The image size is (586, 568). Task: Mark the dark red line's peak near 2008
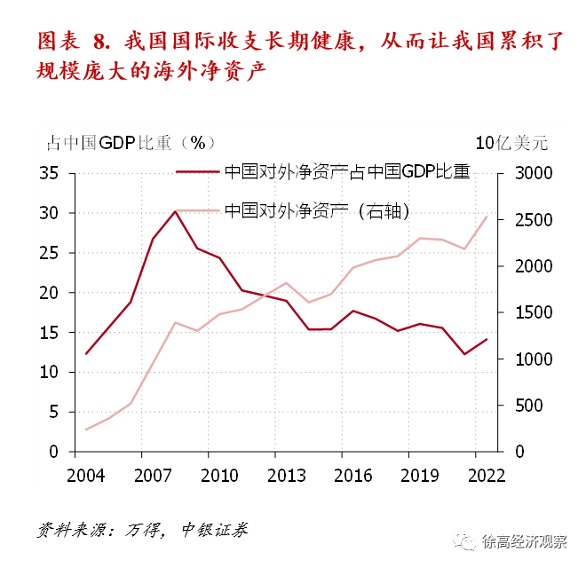[x=176, y=211]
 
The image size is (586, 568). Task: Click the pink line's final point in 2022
[x=487, y=216]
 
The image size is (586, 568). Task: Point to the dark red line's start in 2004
[x=85, y=354]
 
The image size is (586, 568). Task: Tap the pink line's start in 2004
[x=85, y=430]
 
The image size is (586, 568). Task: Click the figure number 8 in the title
[x=99, y=41]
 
